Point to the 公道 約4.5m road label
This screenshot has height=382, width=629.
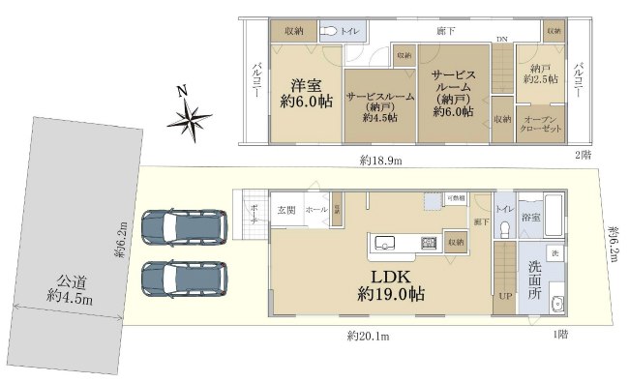click(71, 291)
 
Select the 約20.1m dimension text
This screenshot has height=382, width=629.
click(367, 337)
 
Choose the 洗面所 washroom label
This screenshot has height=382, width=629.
click(530, 279)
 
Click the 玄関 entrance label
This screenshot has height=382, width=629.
click(286, 209)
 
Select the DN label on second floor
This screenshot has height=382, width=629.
click(502, 40)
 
